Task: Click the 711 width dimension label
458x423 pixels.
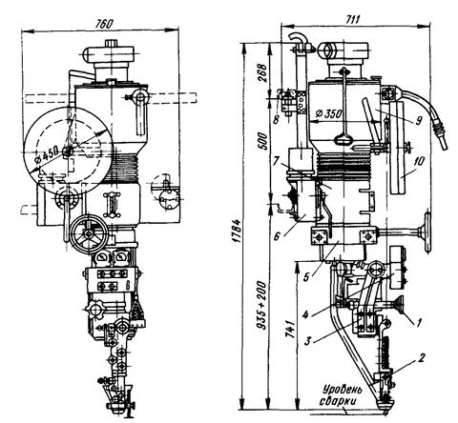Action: [352, 19]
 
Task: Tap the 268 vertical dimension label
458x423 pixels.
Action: [262, 72]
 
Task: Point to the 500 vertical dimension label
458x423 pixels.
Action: [263, 141]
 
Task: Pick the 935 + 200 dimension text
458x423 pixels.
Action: [262, 304]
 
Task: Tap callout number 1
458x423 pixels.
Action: [419, 322]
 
